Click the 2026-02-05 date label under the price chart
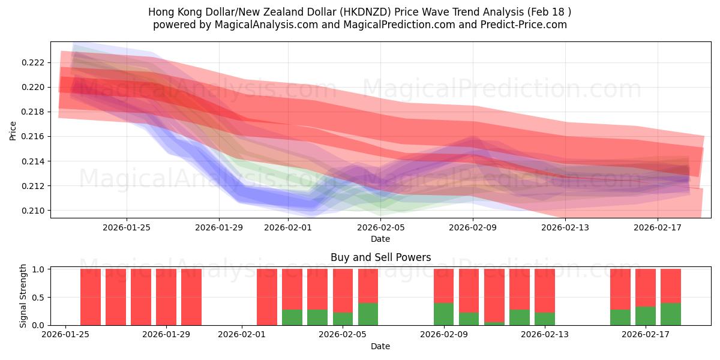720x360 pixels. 380,227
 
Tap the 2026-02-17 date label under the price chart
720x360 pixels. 658,227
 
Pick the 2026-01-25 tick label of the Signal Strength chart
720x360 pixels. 65,334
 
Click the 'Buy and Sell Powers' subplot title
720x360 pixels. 380,257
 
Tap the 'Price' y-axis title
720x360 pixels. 13,130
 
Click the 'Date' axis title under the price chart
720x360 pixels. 380,239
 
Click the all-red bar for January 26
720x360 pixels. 91,297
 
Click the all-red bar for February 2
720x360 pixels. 267,297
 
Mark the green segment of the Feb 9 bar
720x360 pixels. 444,314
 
